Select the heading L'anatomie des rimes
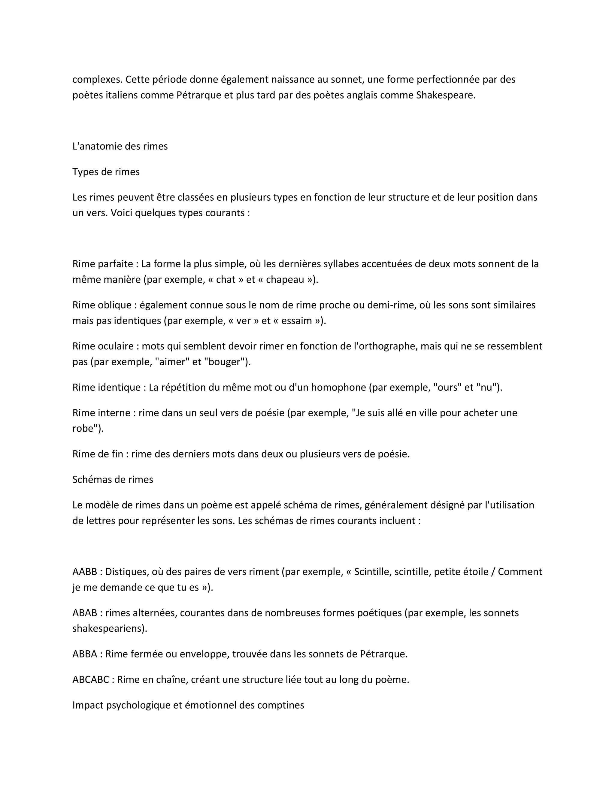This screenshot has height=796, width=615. click(120, 146)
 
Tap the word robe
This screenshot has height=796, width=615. click(87, 429)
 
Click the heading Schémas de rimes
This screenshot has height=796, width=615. click(113, 479)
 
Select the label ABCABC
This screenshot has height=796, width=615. click(90, 679)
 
